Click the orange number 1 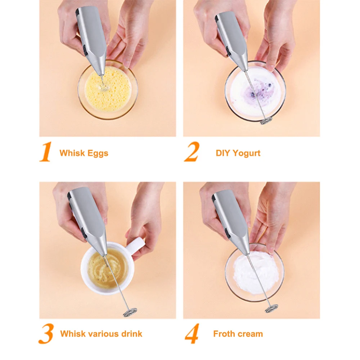pos(46,152)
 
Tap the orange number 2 pos(191,152)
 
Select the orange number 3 pos(46,334)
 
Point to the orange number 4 pos(192,334)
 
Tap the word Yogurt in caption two pos(246,153)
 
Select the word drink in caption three pos(131,334)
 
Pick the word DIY pos(223,153)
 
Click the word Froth pos(224,334)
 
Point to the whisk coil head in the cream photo pos(271,308)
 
